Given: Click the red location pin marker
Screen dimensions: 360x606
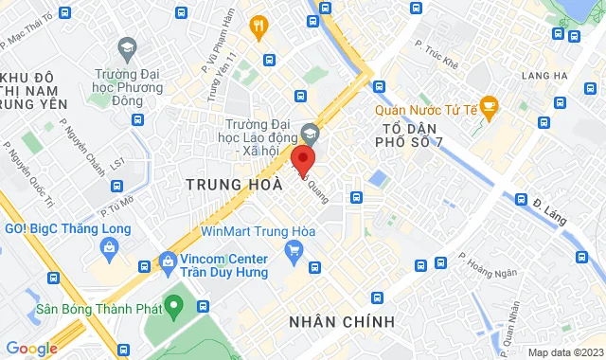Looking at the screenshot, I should click(302, 158).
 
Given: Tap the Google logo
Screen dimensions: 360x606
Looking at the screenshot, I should click(32, 349).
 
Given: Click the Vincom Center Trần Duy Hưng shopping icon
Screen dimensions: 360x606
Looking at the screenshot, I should click(169, 259).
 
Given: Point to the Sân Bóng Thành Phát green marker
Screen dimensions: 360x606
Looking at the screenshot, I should click(172, 305).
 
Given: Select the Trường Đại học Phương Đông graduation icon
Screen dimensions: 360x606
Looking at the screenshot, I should click(127, 47).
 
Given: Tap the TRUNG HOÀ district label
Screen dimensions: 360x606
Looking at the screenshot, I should click(234, 184).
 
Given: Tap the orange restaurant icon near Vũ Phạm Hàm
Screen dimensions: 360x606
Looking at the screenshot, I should click(257, 27).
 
